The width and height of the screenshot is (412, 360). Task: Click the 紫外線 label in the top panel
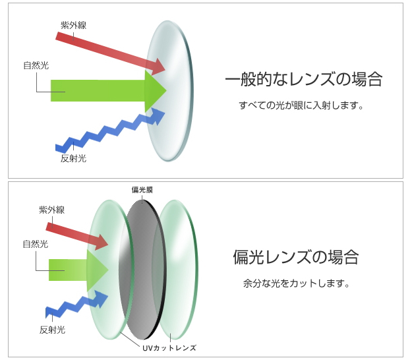(x=73, y=25)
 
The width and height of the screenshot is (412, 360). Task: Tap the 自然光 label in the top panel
(x=36, y=65)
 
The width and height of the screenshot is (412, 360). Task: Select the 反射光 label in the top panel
(x=73, y=158)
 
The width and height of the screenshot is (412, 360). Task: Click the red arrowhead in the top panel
(x=158, y=67)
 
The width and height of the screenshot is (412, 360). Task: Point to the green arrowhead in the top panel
(x=155, y=90)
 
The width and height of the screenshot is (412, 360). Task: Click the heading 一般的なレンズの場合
(x=304, y=79)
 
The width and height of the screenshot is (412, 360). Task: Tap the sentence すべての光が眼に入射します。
(x=301, y=105)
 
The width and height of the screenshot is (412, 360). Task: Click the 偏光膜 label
(x=142, y=190)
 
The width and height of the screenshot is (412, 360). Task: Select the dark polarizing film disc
(x=142, y=270)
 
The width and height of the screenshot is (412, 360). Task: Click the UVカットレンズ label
(x=169, y=348)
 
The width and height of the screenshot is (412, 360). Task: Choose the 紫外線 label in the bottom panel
(x=52, y=210)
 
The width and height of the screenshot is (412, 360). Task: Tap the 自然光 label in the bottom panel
(x=36, y=244)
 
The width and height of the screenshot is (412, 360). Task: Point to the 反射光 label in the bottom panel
(x=52, y=330)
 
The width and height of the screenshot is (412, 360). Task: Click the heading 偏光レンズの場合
(x=296, y=257)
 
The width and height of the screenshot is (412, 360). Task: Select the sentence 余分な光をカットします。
(x=297, y=284)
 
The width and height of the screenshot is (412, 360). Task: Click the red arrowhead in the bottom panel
(x=101, y=242)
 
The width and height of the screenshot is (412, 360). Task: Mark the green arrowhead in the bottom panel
(x=98, y=270)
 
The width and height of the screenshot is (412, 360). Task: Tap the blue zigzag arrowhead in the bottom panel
(x=101, y=299)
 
